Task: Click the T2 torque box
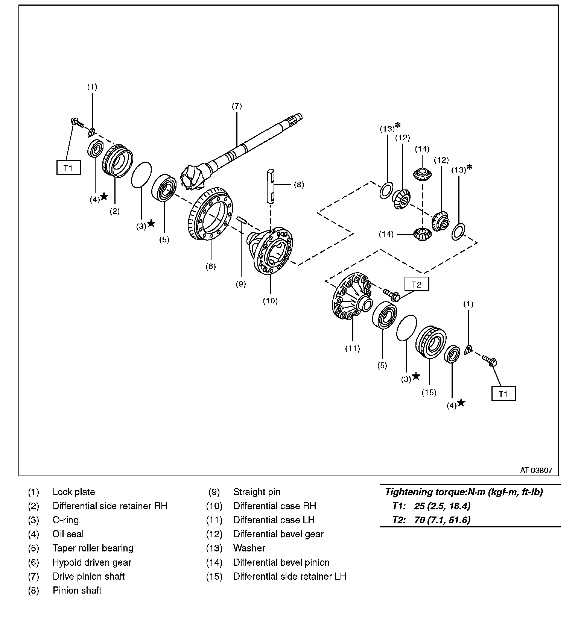pos(417,284)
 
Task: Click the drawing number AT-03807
pos(536,470)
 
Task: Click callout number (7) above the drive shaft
pos(236,106)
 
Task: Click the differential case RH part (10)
pos(272,252)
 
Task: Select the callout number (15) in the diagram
pos(429,392)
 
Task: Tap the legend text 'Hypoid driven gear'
pos(92,562)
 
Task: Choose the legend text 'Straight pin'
pos(257,492)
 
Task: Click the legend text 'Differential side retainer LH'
pos(290,576)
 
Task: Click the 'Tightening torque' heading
pos(464,492)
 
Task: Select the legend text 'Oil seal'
pos(68,534)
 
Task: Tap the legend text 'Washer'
pos(249,548)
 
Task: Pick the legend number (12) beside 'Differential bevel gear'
pos(214,534)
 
